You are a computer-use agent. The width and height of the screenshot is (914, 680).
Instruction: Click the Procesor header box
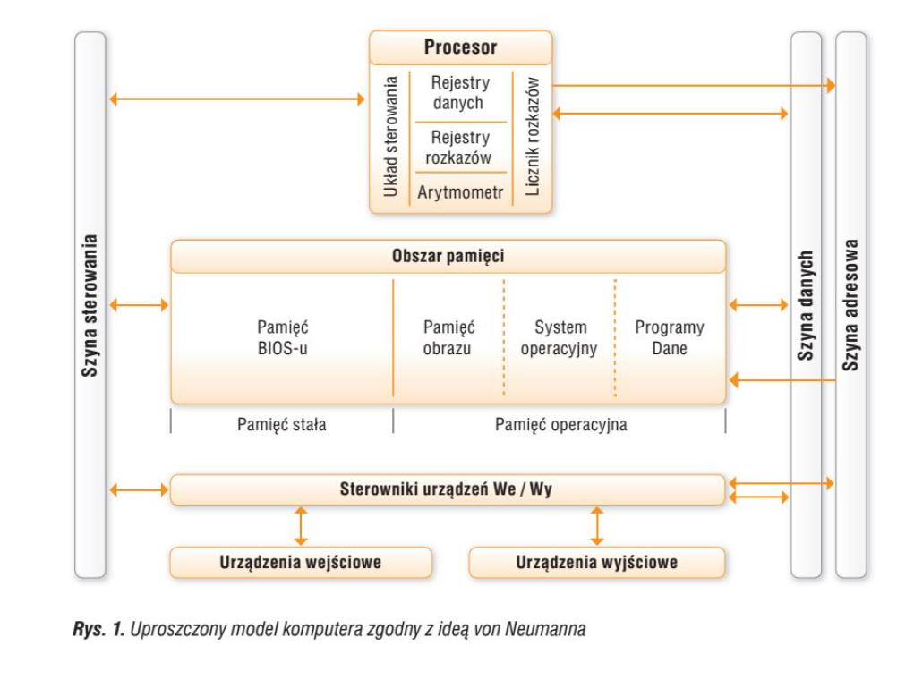tap(460, 47)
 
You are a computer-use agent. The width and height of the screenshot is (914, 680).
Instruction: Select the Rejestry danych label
tap(460, 93)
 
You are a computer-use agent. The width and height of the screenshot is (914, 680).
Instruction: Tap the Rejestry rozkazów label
tap(460, 148)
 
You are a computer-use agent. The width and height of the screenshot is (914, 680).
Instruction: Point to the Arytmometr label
tap(460, 192)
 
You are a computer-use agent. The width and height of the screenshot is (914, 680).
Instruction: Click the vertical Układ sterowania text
tap(390, 137)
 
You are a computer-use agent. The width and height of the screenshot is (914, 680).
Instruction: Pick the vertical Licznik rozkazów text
tap(533, 137)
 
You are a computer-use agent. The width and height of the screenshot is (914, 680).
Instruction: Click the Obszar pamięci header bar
tap(448, 257)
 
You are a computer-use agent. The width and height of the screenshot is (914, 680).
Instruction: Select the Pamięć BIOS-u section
tap(282, 338)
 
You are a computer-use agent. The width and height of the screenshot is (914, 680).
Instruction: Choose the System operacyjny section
tap(559, 338)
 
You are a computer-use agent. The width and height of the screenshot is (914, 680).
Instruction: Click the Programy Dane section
tap(670, 338)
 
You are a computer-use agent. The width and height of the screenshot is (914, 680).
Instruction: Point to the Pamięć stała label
tap(281, 425)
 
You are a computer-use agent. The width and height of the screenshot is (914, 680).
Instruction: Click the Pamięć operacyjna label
tap(560, 425)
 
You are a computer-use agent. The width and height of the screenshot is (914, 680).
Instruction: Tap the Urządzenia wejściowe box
tap(301, 563)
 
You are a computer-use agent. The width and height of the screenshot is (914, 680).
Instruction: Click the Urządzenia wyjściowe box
tap(596, 563)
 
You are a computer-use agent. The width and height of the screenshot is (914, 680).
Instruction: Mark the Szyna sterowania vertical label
tap(90, 305)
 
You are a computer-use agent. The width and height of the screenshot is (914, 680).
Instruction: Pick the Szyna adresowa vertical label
tap(851, 305)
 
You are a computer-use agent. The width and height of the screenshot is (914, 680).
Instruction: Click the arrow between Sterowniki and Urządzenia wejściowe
tap(301, 526)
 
